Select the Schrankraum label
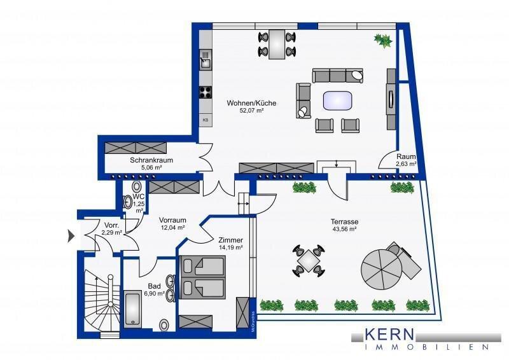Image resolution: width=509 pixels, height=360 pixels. [x=148, y=160]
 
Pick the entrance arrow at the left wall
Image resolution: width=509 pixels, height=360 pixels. [x=71, y=237]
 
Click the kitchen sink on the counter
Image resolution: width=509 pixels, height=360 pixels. [x=206, y=61]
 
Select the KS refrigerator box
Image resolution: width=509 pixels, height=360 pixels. [x=206, y=120]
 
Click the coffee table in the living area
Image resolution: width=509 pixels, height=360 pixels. [x=337, y=100]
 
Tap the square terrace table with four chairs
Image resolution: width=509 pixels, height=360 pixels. [x=309, y=261]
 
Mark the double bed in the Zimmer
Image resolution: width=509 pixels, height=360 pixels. [x=203, y=277]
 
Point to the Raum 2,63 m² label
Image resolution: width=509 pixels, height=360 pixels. [x=406, y=160]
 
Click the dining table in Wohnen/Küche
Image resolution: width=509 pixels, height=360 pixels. [x=277, y=44]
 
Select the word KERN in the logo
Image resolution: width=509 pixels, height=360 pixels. [x=389, y=334]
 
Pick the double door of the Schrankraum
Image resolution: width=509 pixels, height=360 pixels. [x=205, y=158]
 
